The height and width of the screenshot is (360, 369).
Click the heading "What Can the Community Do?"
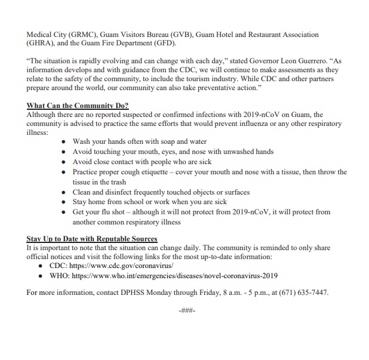[78, 106]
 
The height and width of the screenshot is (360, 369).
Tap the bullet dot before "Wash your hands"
[64, 142]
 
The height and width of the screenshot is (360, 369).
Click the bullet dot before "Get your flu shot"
[64, 213]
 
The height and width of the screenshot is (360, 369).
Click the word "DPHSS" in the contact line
[137, 293]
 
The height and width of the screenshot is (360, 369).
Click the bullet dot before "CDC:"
[41, 266]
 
